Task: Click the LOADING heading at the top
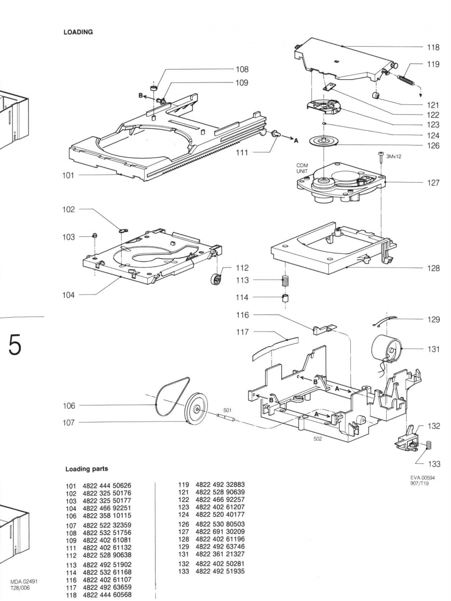pyautogui.click(x=78, y=32)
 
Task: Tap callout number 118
pyautogui.click(x=433, y=48)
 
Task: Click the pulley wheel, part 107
pyautogui.click(x=196, y=409)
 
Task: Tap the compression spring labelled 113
pyautogui.click(x=285, y=281)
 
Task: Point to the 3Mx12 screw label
pyautogui.click(x=394, y=156)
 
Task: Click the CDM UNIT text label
pyautogui.click(x=302, y=168)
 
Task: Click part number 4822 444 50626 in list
pyautogui.click(x=107, y=486)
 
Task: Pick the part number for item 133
pyautogui.click(x=220, y=572)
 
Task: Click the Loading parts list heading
pyautogui.click(x=87, y=469)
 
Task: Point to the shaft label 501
pyautogui.click(x=228, y=410)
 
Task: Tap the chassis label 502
pyautogui.click(x=318, y=439)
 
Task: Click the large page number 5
pyautogui.click(x=14, y=345)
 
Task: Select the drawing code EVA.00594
pyautogui.click(x=423, y=478)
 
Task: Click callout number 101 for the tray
pyautogui.click(x=68, y=176)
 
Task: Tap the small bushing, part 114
pyautogui.click(x=285, y=298)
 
